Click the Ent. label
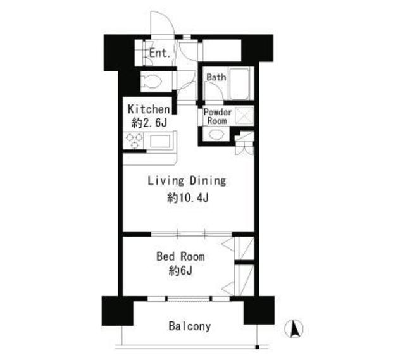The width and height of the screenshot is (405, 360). pos(160,53)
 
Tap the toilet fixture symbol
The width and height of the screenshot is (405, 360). pos(151,82)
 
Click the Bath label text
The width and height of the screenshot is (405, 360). pos(216,77)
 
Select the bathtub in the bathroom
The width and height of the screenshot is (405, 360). pos(239,84)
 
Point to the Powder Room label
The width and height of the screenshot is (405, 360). pos(218,116)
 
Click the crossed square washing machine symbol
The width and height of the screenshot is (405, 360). pos(244,115)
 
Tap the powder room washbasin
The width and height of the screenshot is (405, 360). pos(216,134)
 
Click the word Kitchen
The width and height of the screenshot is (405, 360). pos(149,109)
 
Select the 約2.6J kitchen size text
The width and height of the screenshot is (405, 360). pos(149,123)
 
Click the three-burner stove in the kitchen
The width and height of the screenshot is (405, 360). pos(134,140)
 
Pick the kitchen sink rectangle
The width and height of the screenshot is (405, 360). pos(160,142)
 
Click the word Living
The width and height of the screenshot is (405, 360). pos(166,181)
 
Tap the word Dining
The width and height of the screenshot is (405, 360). pos(208,181)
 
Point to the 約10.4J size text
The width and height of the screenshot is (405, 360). pos(188,198)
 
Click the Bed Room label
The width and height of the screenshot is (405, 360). pos(180,257)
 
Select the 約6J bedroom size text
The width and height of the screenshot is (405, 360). pos(180,271)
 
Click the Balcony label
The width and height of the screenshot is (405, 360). pos(190,326)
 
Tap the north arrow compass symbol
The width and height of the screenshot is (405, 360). pos(294,329)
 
